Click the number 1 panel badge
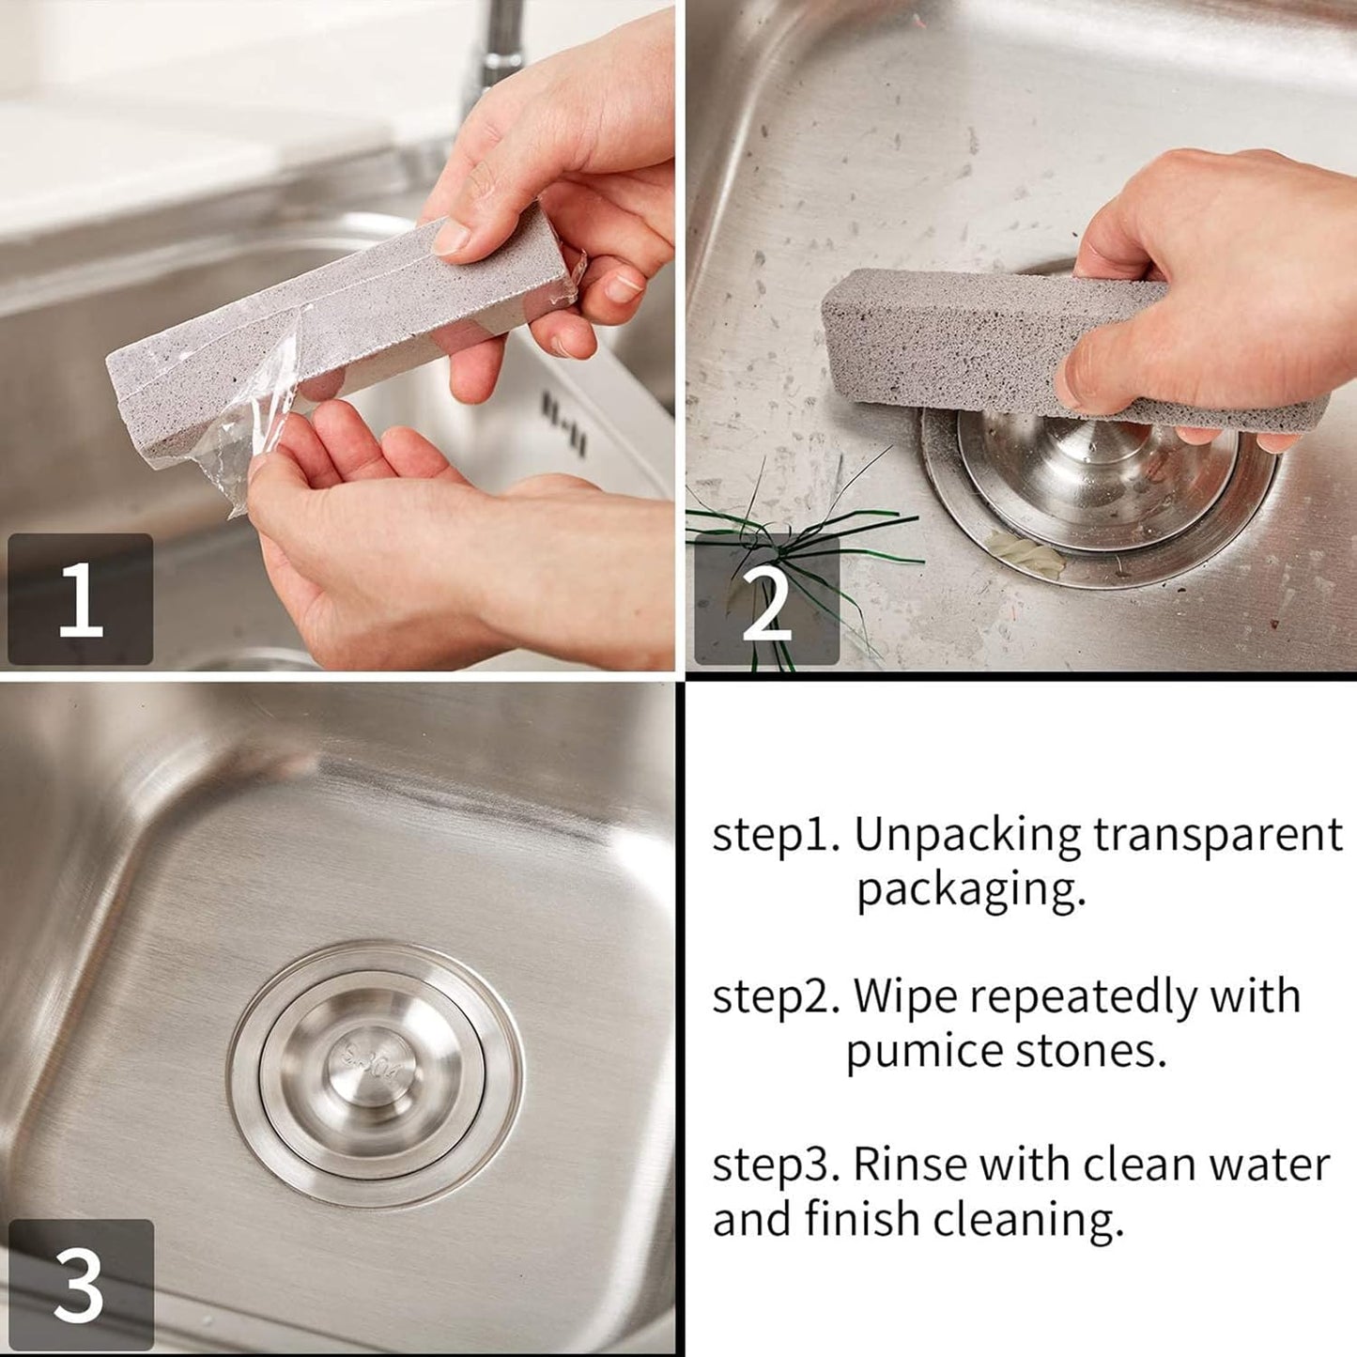(x=80, y=598)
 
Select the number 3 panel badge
(x=80, y=1284)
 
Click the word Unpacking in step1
(x=967, y=835)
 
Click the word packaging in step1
(x=970, y=889)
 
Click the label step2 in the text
(x=775, y=996)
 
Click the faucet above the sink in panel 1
(x=498, y=47)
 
